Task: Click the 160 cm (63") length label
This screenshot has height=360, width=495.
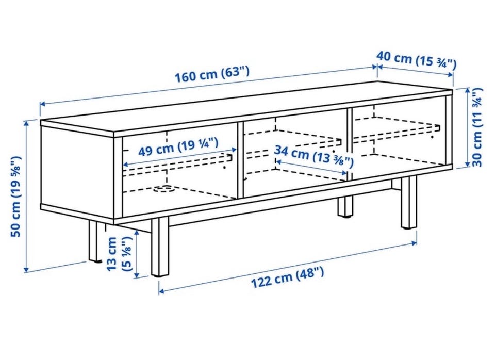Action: pos(212,74)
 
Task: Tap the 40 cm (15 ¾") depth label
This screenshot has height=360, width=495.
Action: pos(416,60)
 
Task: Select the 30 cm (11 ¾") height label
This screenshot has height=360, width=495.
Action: pos(477,127)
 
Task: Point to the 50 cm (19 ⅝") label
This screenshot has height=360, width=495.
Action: pos(15,197)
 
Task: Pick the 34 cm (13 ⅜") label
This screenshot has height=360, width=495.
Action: pos(313,156)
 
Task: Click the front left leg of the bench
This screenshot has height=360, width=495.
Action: pos(160,247)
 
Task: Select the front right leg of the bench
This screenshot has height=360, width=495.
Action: pos(409,202)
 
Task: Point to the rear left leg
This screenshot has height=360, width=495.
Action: pos(94,241)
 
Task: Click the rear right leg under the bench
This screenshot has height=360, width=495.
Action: pos(345,206)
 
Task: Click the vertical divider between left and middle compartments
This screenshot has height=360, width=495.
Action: pos(240,160)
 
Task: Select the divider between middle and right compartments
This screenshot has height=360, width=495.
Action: pos(350,144)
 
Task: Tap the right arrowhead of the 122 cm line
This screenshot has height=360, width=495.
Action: pos(414,242)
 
